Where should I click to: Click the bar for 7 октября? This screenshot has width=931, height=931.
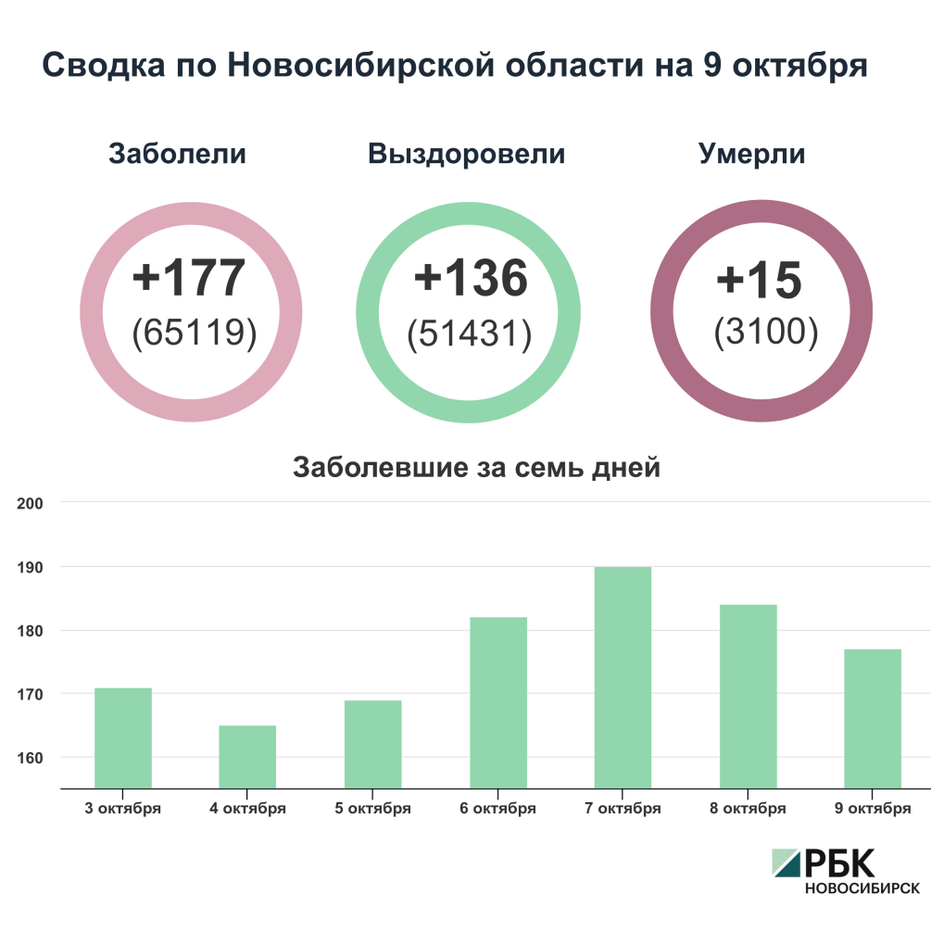[x=623, y=677]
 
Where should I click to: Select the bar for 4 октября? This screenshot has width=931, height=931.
[x=247, y=756]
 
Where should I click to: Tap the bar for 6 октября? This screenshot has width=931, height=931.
[x=497, y=702]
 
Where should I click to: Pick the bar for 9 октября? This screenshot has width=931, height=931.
[x=873, y=718]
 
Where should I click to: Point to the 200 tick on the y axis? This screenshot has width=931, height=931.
[x=31, y=503]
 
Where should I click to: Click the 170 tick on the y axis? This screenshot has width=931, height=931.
[x=31, y=694]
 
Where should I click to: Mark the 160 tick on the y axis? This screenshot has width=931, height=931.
[x=31, y=758]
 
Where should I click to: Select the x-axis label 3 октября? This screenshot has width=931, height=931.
[x=123, y=809]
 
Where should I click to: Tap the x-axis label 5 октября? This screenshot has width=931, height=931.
[x=372, y=809]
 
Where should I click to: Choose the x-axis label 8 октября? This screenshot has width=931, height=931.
[x=748, y=809]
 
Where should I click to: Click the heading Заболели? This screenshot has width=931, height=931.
[x=178, y=154]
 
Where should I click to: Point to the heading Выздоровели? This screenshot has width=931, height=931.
[x=466, y=154]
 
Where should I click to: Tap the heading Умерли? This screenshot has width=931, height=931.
[x=751, y=154]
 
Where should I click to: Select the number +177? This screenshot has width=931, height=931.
[x=190, y=277]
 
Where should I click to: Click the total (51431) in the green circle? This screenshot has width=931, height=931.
[x=469, y=335]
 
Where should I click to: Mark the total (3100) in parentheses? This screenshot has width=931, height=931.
[x=765, y=333]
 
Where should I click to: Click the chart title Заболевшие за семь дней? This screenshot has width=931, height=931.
[x=476, y=468]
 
